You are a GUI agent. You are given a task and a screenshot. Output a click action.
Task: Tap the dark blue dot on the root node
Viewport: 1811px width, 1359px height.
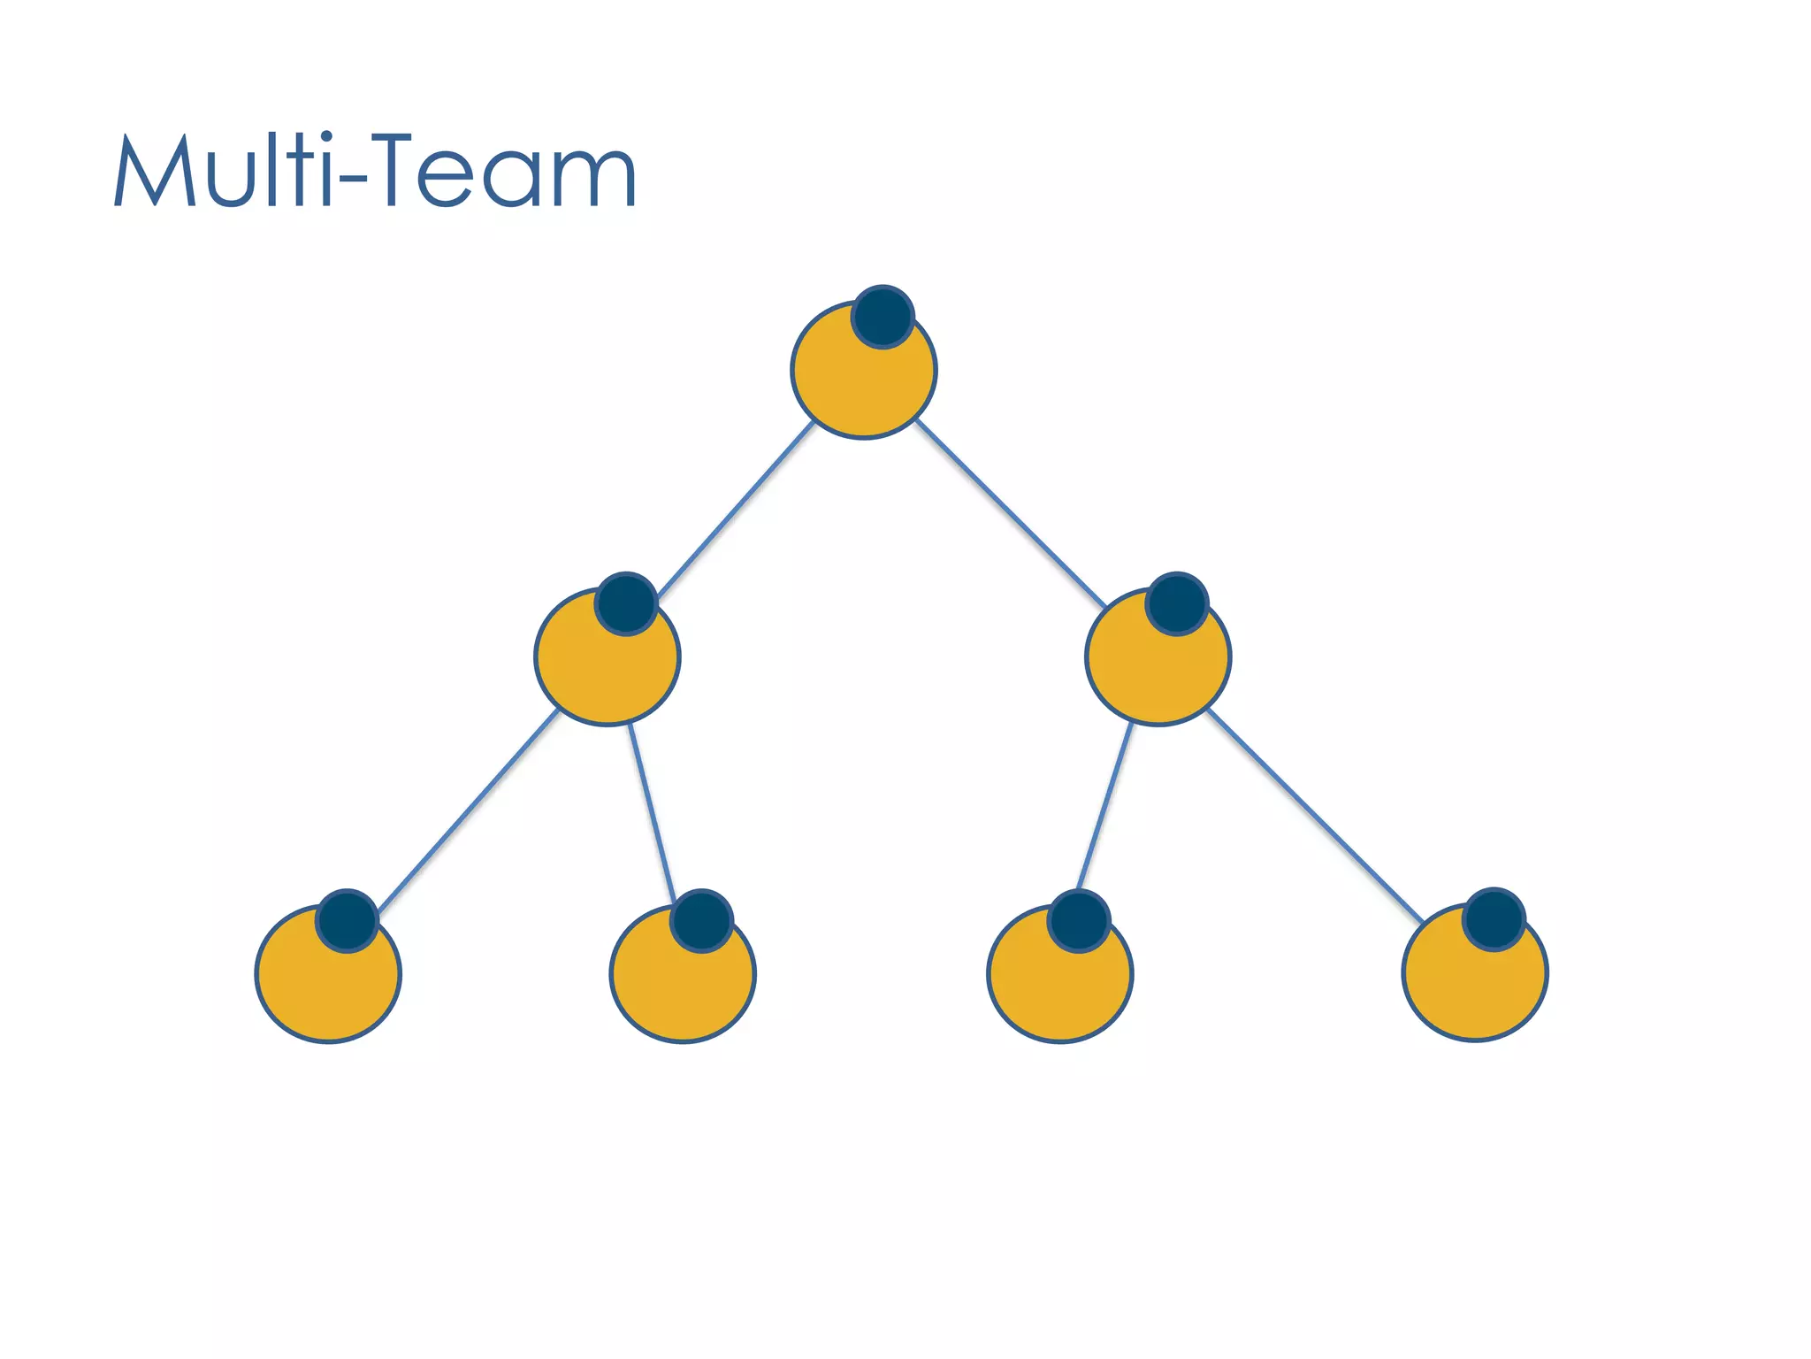(883, 317)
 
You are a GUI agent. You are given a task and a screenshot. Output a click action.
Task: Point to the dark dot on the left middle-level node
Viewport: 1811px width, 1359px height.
(626, 603)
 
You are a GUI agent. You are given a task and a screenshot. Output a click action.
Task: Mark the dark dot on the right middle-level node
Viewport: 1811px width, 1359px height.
(1177, 603)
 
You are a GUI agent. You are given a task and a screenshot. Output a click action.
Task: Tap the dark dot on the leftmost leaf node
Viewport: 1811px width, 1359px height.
(348, 920)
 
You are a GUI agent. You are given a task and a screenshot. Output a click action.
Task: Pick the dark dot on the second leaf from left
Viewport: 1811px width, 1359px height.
(701, 920)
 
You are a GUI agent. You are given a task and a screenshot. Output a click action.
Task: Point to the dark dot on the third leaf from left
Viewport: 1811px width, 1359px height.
(1079, 920)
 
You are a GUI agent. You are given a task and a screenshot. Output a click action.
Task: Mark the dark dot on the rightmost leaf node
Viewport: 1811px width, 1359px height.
(1494, 919)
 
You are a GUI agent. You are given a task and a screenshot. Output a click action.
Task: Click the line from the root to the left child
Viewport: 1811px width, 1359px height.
(737, 509)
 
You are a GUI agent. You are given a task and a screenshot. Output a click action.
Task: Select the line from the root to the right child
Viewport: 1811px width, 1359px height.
(1010, 512)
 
